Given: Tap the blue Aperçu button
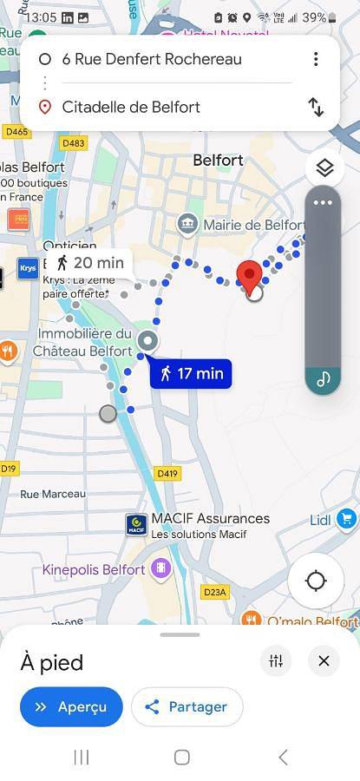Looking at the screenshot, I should [71, 706].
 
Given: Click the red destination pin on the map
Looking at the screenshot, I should [251, 276].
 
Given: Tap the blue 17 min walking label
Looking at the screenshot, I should [191, 374].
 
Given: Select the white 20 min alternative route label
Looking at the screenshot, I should [89, 263].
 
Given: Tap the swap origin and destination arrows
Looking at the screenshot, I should [316, 107].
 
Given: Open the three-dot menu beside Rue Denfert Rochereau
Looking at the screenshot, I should [316, 59].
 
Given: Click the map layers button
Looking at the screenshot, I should [324, 167].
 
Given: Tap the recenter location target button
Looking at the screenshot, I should [316, 581].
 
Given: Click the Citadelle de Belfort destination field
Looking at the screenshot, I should [131, 107].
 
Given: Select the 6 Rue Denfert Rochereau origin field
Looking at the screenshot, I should [152, 59].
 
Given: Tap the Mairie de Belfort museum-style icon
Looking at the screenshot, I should [187, 226].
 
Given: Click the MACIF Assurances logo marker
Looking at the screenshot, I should [136, 524].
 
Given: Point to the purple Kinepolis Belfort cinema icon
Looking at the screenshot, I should [160, 569].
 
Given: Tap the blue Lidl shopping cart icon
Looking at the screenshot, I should [347, 519].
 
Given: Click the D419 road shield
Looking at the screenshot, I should [167, 474].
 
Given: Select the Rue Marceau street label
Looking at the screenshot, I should [53, 494].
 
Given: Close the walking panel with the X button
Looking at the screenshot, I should [324, 661].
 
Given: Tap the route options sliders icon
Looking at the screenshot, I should [276, 661].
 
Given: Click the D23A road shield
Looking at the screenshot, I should [215, 593].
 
